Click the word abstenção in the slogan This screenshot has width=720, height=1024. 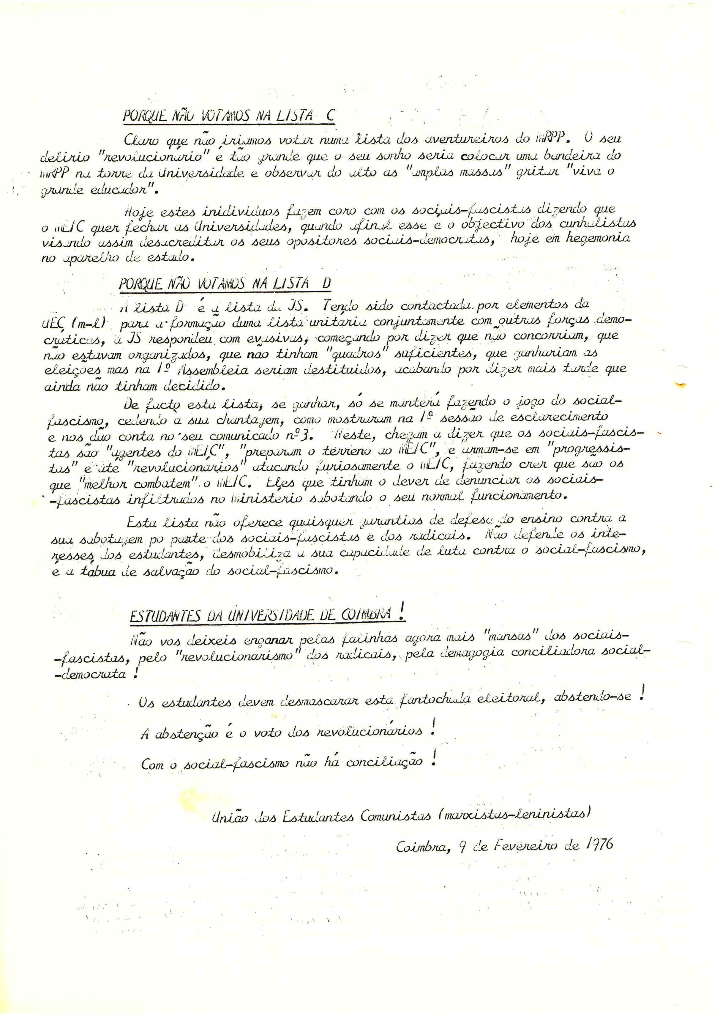pos(187,734)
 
